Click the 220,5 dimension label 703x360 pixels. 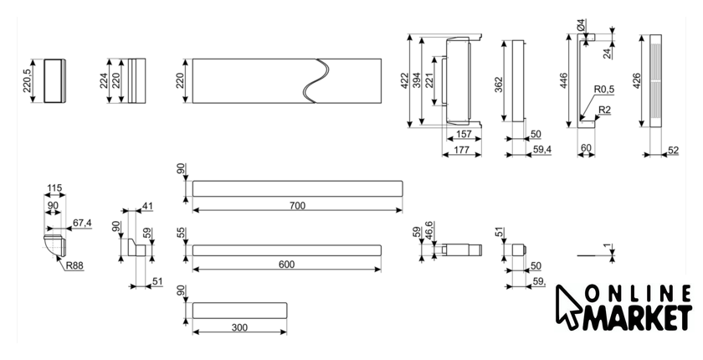pyautogui.click(x=28, y=80)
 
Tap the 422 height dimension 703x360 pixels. pyautogui.click(x=405, y=80)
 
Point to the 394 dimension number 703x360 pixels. pyautogui.click(x=417, y=80)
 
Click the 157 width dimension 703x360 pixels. pyautogui.click(x=463, y=135)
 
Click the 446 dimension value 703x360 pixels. pyautogui.click(x=564, y=80)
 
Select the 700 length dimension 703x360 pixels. pyautogui.click(x=298, y=205)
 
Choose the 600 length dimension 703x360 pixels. pyautogui.click(x=286, y=265)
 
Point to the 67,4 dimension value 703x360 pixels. pyautogui.click(x=82, y=223)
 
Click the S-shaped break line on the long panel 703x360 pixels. pyautogui.click(x=315, y=80)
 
